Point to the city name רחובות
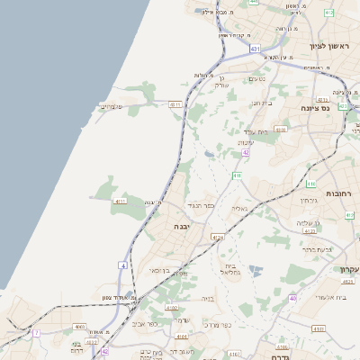pos(340,193)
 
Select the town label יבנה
pos(165,228)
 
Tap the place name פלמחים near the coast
pos(110,107)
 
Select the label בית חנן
pos(261,103)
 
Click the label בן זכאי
pos(153,270)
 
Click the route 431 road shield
pos(255,48)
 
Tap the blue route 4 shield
pos(122,265)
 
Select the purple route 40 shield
pos(292,297)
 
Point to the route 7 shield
pos(37,333)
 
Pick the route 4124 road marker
pos(217,237)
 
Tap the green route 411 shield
pos(236,175)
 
